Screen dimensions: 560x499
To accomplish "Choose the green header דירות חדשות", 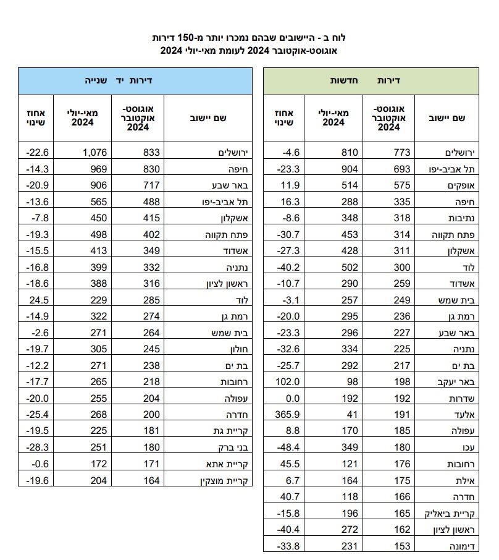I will (372, 80).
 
